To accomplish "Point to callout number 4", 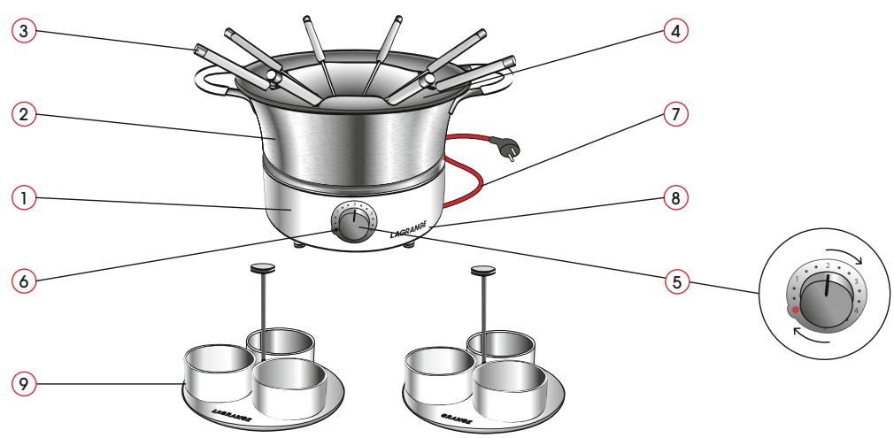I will tap(675, 30).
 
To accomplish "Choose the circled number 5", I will tap(675, 285).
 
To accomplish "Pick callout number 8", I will tap(675, 199).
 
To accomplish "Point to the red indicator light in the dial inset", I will tap(796, 310).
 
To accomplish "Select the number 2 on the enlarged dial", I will tap(827, 265).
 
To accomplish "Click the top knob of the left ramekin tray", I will tap(262, 266).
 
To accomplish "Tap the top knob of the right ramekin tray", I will tap(484, 269).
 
